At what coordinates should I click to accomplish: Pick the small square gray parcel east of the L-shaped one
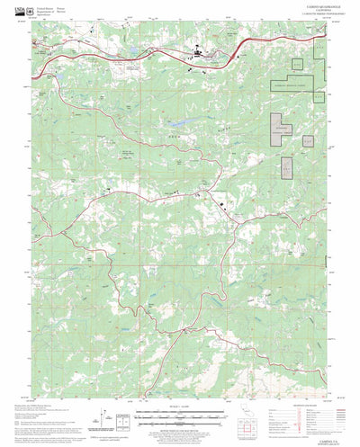point(307,139)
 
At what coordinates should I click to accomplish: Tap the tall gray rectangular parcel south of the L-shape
point(287,168)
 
